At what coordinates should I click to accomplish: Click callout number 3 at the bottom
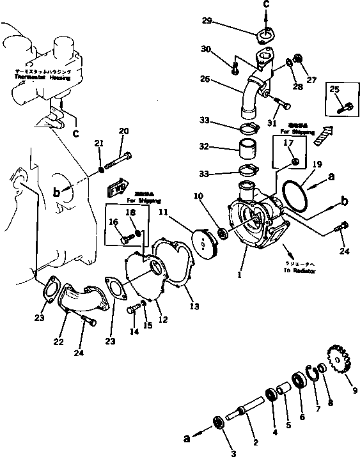click(233, 453)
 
